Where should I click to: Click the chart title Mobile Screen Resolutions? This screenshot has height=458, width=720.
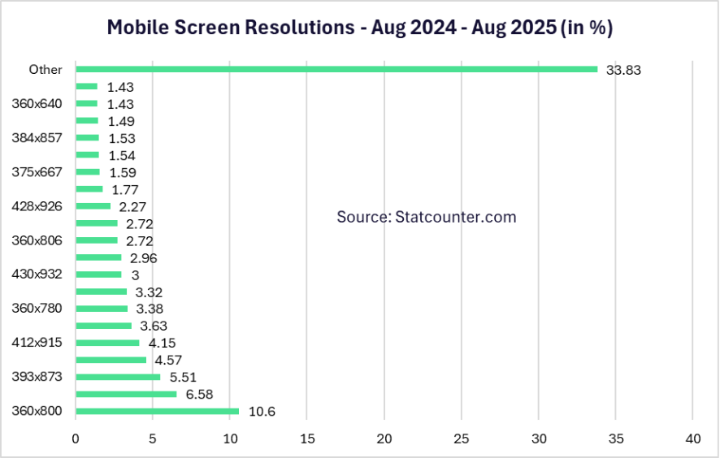360,28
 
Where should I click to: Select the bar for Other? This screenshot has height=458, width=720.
336,69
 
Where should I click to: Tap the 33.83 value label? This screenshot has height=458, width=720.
623,70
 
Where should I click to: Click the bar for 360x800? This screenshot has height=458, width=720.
157,411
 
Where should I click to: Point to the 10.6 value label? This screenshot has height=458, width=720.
262,412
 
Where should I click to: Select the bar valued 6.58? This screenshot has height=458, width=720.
126,394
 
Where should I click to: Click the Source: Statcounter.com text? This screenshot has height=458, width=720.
427,217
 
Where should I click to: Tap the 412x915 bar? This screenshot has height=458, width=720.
107,343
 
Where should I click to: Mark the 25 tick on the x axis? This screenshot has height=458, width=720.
461,439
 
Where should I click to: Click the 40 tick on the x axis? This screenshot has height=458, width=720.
692,439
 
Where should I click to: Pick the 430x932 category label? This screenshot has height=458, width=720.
37,274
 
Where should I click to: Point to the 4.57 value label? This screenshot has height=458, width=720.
169,360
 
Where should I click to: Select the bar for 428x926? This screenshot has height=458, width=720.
93,206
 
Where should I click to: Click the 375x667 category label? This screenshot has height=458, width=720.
37,172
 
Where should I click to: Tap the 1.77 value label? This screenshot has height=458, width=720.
125,189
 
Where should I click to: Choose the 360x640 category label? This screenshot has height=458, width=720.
37,104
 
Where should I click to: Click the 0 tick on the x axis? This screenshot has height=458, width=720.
76,439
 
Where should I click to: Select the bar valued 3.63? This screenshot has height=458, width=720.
103,326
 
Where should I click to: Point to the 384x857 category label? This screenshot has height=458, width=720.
37,138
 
